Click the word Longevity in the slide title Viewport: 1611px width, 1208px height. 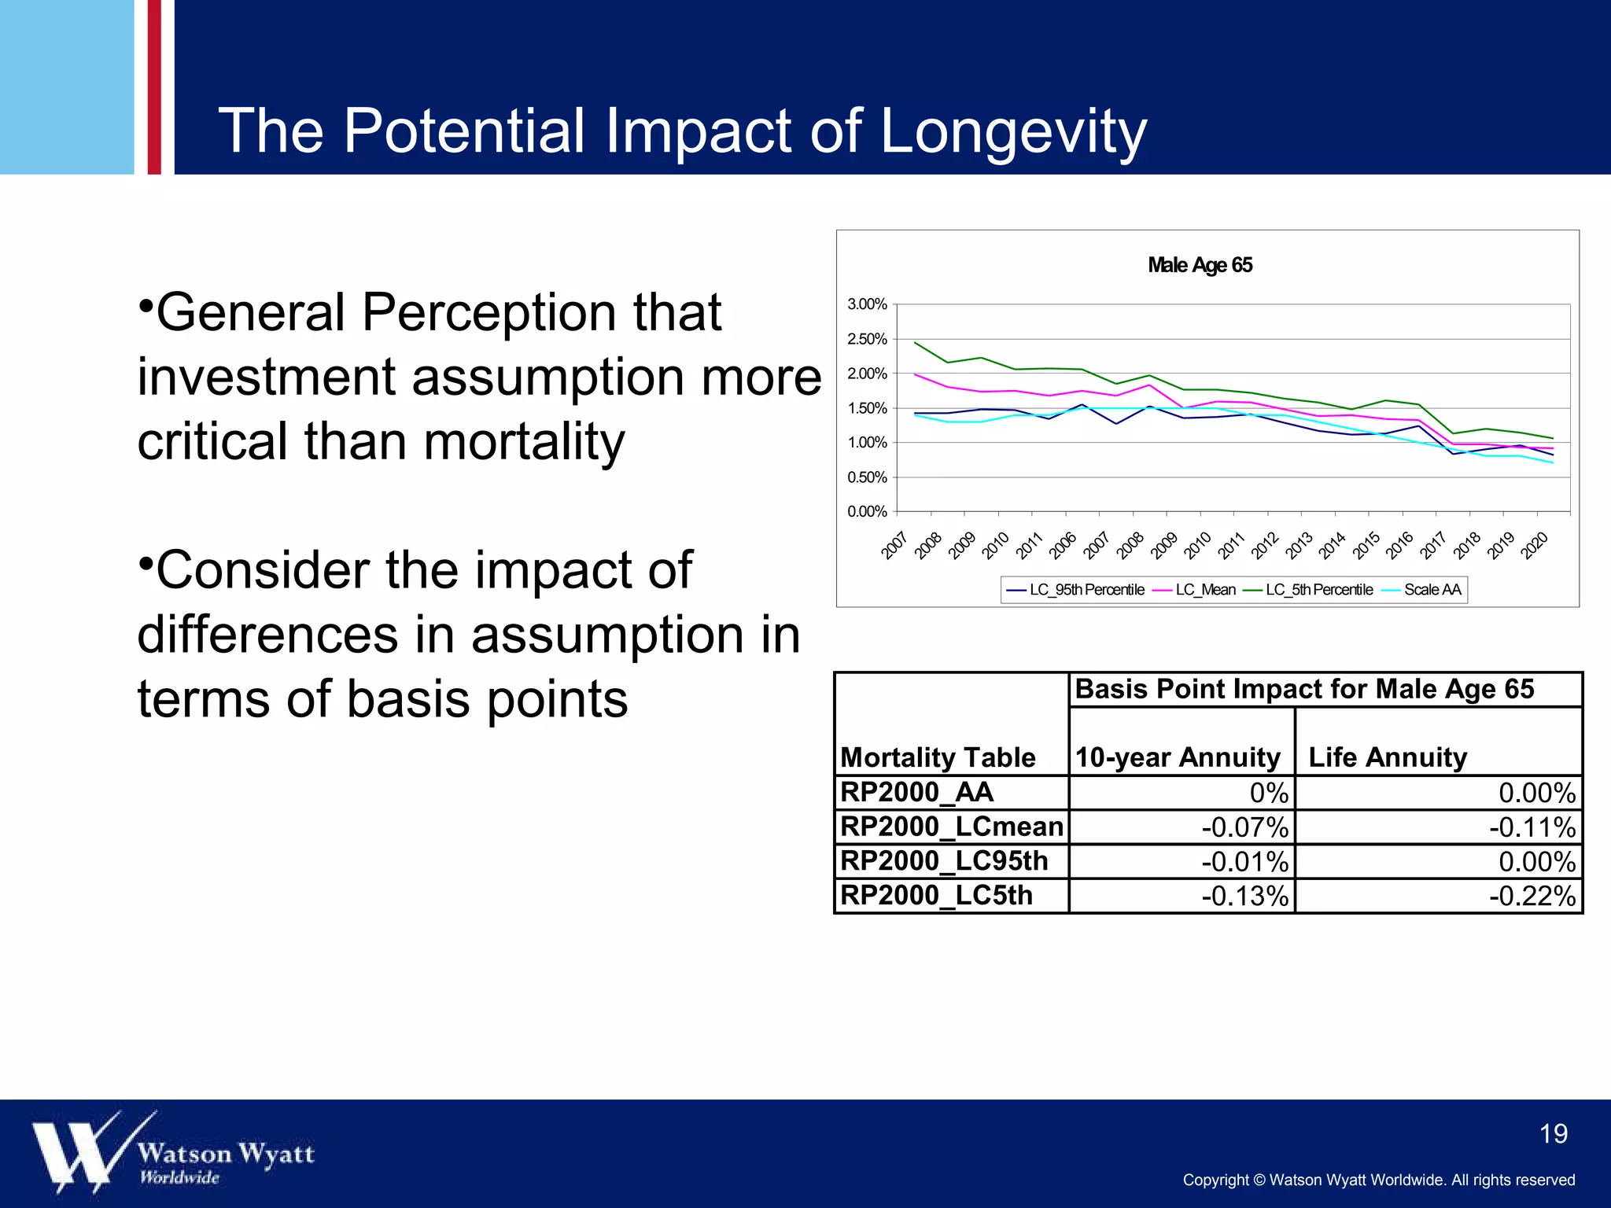click(1013, 132)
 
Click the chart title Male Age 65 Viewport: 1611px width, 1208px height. click(1200, 265)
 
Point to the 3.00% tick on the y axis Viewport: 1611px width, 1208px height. click(867, 304)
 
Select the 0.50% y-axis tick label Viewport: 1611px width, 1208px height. click(867, 477)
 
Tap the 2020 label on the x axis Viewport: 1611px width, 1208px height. click(1535, 545)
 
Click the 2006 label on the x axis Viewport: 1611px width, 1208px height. click(1063, 545)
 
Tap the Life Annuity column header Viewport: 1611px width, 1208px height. click(1388, 757)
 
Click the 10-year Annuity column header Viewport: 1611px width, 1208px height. click(1178, 757)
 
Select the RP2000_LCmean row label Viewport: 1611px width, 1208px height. click(951, 827)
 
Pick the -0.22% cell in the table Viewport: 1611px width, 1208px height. click(1532, 897)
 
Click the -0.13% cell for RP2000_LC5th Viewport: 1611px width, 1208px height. click(1244, 897)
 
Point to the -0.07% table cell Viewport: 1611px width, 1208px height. click(1244, 827)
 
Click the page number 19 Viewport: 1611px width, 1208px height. click(1553, 1133)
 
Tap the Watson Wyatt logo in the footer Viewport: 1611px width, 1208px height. click(173, 1153)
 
